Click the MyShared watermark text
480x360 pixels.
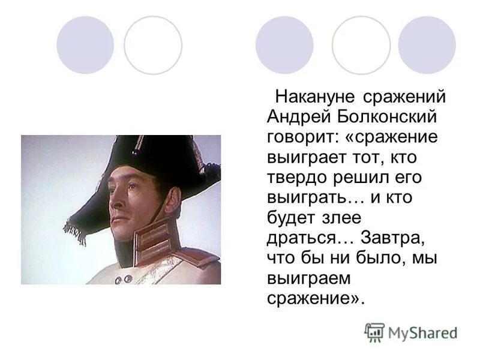(x=422, y=333)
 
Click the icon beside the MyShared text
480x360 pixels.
(x=374, y=332)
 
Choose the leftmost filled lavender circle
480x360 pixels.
(x=85, y=45)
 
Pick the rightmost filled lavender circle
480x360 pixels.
(x=427, y=45)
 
